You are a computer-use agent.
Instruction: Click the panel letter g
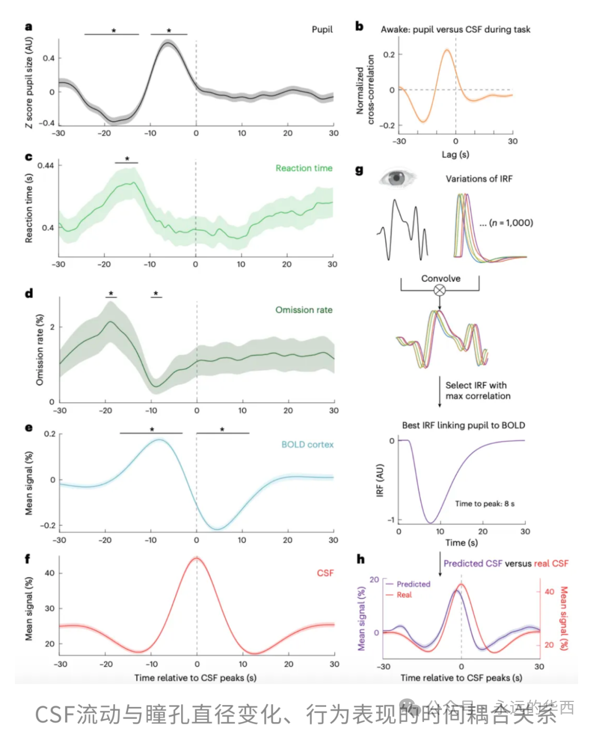click(x=359, y=170)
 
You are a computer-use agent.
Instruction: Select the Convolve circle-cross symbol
click(x=440, y=290)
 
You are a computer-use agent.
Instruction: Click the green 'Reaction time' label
click(x=304, y=168)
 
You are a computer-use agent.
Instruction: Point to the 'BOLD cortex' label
click(x=307, y=444)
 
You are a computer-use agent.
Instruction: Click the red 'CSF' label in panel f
click(x=325, y=573)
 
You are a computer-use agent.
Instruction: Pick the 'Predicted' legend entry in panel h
click(x=413, y=584)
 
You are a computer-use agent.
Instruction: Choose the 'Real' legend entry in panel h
click(x=404, y=594)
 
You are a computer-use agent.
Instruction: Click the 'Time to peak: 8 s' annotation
click(x=484, y=503)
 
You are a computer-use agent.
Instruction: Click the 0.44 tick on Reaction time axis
click(x=46, y=165)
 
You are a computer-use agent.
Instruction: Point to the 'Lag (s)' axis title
click(x=455, y=155)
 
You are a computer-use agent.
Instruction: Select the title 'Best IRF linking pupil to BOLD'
click(x=463, y=425)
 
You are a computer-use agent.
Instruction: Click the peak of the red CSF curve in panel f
click(x=197, y=558)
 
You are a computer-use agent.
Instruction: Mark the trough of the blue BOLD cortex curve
click(x=217, y=529)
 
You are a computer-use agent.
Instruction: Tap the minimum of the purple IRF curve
click(x=431, y=523)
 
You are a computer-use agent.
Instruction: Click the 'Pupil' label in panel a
click(x=322, y=29)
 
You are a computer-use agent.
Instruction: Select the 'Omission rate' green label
click(x=304, y=310)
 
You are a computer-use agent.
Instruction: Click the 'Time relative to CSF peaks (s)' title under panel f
click(x=195, y=678)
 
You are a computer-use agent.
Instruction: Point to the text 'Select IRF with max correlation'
click(x=477, y=390)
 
